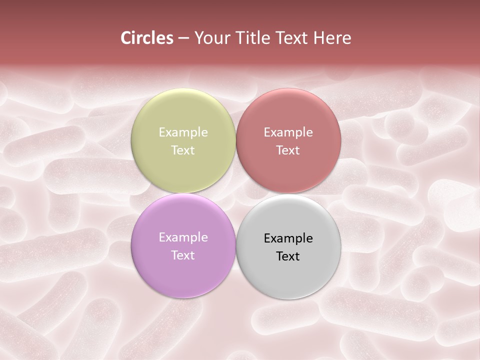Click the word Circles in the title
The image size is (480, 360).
pyautogui.click(x=146, y=38)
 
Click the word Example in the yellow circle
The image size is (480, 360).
pyautogui.click(x=183, y=132)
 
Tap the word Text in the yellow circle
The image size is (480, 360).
pyautogui.click(x=183, y=150)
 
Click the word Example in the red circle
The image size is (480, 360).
pyautogui.click(x=288, y=132)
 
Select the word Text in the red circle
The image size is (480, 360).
pyautogui.click(x=288, y=150)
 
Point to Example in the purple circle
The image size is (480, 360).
pyautogui.click(x=183, y=237)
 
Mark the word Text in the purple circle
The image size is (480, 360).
pyautogui.click(x=183, y=255)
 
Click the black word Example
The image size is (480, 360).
pyautogui.click(x=288, y=238)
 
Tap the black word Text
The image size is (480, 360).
pyautogui.click(x=288, y=256)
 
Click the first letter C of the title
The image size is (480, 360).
pyautogui.click(x=126, y=38)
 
